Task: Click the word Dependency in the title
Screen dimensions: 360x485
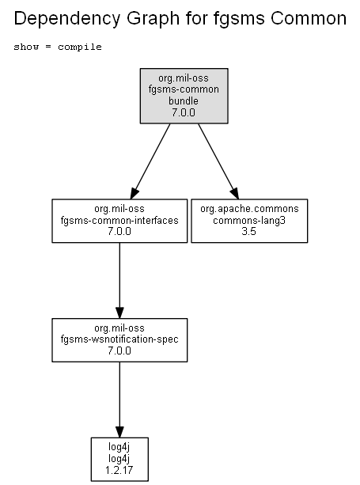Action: [66, 18]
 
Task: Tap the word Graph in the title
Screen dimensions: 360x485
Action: [153, 18]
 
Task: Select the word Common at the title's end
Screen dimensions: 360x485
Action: [309, 18]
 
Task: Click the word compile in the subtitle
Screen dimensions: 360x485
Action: [80, 47]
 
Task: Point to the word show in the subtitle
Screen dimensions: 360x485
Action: [26, 47]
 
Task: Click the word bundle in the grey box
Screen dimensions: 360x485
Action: [184, 100]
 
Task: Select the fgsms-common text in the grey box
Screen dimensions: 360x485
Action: [184, 89]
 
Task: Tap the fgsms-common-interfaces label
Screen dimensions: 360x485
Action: [119, 220]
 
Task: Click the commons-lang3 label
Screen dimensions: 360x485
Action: [249, 220]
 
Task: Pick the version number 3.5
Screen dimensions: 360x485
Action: [249, 231]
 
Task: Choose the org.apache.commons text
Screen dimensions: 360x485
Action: [249, 209]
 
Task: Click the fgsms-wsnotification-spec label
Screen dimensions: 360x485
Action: [119, 339]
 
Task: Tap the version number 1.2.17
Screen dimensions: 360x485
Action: [119, 470]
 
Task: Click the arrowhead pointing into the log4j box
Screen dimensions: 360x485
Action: [119, 432]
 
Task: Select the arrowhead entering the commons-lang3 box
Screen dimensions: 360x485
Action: [235, 194]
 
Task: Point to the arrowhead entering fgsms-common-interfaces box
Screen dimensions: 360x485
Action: [135, 194]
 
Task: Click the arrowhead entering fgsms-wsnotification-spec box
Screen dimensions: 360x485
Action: [119, 313]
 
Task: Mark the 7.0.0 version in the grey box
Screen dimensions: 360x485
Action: [184, 112]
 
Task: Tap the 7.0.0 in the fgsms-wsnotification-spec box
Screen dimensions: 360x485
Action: [119, 350]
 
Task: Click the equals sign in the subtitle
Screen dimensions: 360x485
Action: [48, 47]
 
